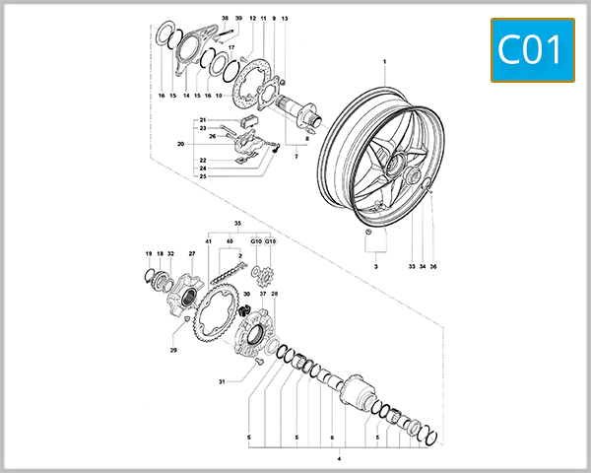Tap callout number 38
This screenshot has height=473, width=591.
pos(225,19)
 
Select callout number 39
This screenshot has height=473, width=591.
pos(238,19)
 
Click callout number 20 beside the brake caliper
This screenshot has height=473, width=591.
pos(180,144)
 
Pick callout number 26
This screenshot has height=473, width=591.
pos(212,136)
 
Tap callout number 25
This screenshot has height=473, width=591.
pos(202,176)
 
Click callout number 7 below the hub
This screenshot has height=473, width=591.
pos(295,157)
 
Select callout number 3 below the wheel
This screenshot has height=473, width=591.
pos(375,266)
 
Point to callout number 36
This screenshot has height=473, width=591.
pos(432,266)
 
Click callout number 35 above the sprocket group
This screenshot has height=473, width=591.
pos(236,224)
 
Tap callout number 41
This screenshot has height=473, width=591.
pos(209,241)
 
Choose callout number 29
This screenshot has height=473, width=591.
pos(173,350)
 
